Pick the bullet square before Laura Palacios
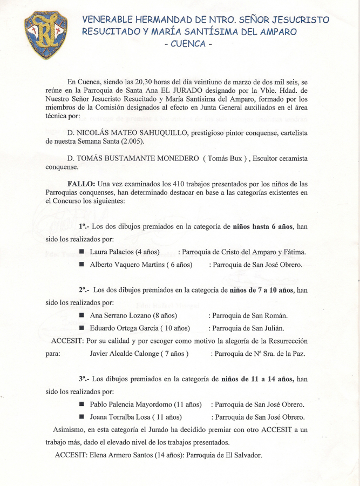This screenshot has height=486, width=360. click(81, 252)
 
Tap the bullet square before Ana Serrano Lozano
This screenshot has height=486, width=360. click(81, 315)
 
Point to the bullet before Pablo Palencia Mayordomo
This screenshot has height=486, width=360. click(81, 404)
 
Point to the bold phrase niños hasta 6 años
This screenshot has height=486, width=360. click(262, 227)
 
